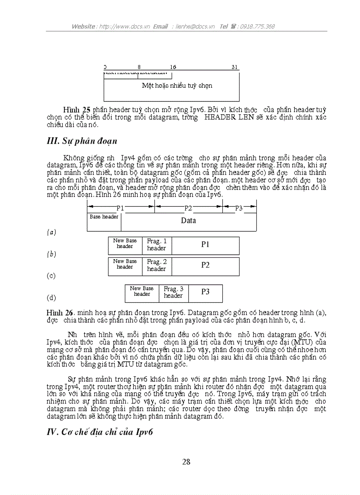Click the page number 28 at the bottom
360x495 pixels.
[186, 462]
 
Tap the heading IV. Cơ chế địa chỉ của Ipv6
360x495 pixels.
[99, 432]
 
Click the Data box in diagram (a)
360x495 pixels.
[188, 221]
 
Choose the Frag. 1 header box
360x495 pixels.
[157, 245]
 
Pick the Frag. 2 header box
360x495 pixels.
[157, 265]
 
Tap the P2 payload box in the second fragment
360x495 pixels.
[205, 265]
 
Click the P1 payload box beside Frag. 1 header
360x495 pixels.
[205, 245]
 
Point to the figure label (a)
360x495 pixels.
[52, 232]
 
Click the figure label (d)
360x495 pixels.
[52, 298]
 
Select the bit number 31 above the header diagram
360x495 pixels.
[235, 67]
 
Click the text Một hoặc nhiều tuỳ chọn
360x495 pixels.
[177, 86]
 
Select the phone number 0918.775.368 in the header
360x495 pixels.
[258, 26]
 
